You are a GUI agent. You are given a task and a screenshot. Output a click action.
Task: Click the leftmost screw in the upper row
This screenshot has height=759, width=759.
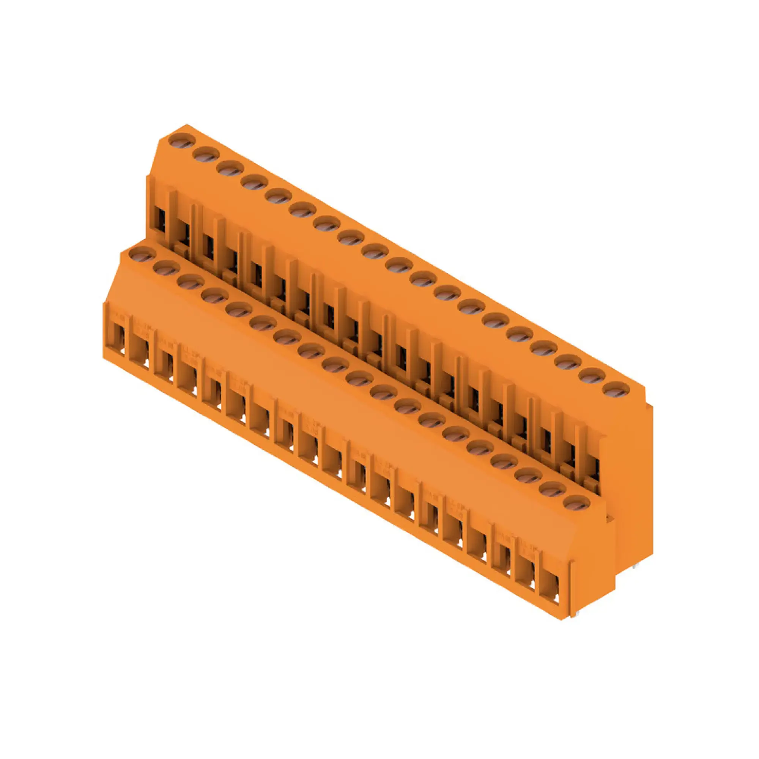[181, 141]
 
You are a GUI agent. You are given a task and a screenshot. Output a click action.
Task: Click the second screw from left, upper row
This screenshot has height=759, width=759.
[206, 155]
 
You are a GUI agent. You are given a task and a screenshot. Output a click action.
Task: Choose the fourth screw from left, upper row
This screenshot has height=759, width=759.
[254, 182]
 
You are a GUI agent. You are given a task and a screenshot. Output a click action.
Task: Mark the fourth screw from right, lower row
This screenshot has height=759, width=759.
[504, 461]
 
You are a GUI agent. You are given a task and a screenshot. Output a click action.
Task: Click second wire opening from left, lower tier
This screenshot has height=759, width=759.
[141, 347]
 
